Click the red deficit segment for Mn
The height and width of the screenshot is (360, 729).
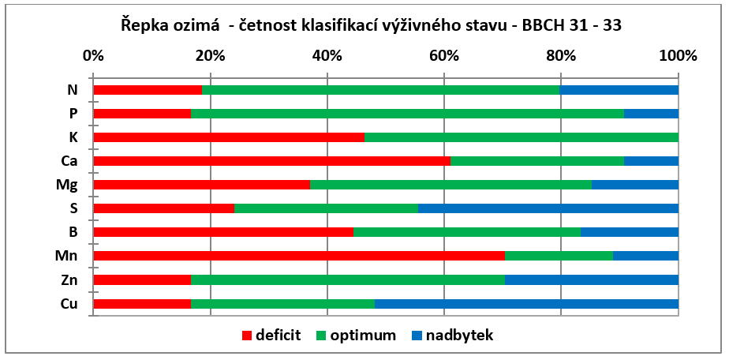(299, 256)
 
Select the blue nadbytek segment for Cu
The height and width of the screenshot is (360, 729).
(526, 304)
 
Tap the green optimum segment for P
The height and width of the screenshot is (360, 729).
(407, 114)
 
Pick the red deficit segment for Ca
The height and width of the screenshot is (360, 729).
(272, 161)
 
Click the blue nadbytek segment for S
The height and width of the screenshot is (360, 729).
(548, 208)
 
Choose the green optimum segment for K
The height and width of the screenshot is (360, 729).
(522, 137)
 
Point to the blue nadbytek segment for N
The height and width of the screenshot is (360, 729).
(619, 90)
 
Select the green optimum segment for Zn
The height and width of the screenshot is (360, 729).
(348, 280)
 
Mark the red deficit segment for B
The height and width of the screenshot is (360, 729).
(223, 232)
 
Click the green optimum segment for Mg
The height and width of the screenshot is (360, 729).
(451, 185)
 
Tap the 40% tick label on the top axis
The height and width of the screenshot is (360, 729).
(327, 56)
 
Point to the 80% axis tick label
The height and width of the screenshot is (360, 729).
(561, 56)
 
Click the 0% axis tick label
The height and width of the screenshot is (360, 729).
(93, 56)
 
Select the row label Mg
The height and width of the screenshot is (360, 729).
(69, 186)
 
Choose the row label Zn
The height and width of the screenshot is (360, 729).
(69, 280)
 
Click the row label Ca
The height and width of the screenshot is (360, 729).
(69, 161)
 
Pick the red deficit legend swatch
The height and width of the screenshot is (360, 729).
(246, 335)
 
